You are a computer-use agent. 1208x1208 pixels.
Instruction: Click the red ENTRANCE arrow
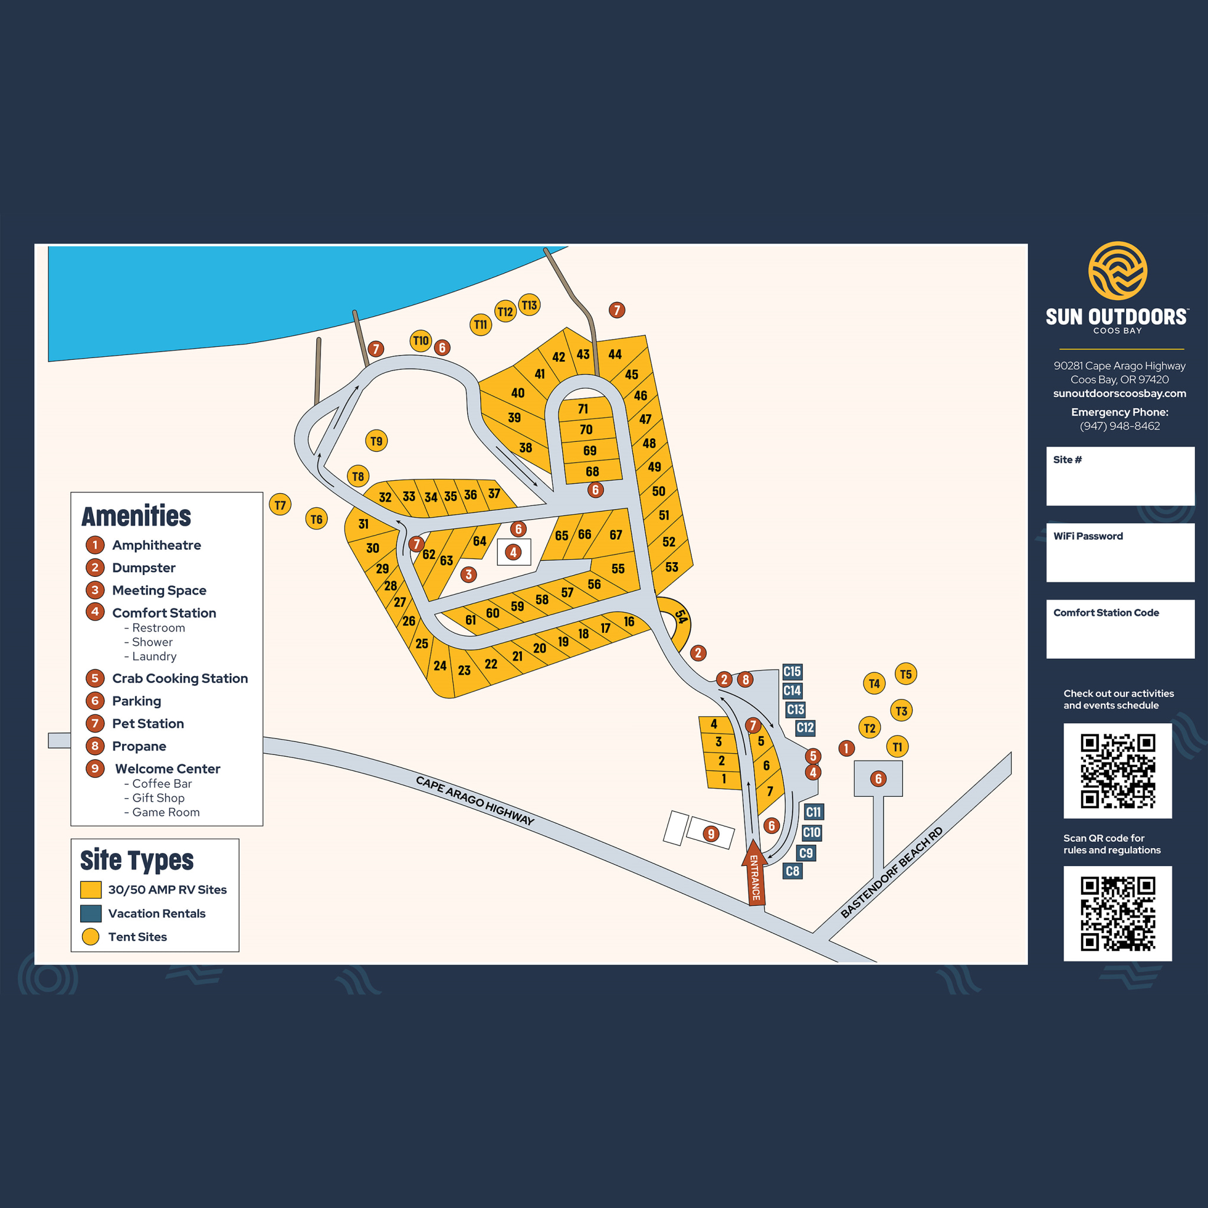pos(754,873)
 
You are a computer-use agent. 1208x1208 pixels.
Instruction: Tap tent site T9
pos(376,441)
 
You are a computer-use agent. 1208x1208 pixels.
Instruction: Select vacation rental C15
pos(792,671)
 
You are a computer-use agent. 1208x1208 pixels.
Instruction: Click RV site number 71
pos(583,409)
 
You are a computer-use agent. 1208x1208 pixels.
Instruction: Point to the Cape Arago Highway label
pos(475,801)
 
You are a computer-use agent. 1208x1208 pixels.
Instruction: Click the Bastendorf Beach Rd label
pos(891,873)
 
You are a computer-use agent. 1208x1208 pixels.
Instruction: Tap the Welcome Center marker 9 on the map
pos(710,833)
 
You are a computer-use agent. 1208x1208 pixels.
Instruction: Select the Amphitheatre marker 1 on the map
pos(846,748)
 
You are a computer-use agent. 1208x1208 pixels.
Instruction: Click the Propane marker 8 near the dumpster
pos(745,679)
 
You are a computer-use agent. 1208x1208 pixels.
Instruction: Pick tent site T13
pos(529,305)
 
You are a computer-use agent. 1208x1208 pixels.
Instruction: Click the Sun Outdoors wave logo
pos(1117,271)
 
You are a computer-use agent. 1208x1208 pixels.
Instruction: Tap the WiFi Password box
pos(1120,552)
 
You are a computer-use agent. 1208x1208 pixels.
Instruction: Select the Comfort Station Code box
pos(1120,629)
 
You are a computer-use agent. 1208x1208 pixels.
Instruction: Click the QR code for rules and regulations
pos(1117,913)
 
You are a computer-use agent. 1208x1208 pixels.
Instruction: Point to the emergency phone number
pos(1119,426)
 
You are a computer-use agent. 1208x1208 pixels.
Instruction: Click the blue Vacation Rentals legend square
pos(91,913)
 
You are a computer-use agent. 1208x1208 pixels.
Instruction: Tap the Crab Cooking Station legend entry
pos(179,678)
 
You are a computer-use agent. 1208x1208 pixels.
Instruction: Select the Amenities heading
pos(136,517)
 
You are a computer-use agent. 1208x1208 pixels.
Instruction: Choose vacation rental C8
pos(792,871)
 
